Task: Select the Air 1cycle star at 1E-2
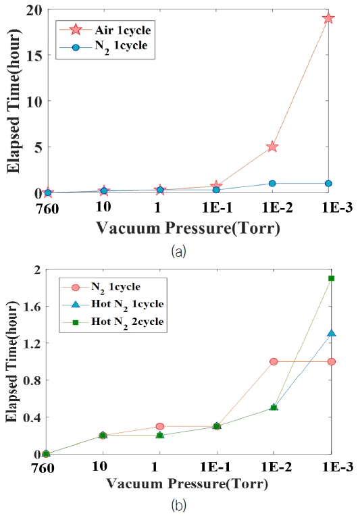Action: [272, 147]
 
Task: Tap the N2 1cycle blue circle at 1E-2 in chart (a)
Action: [272, 183]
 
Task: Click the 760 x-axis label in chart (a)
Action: [47, 207]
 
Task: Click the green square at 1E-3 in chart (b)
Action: [331, 278]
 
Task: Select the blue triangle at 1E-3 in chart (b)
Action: [331, 334]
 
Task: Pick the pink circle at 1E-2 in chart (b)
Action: [274, 361]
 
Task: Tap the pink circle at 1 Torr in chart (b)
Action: [159, 426]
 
